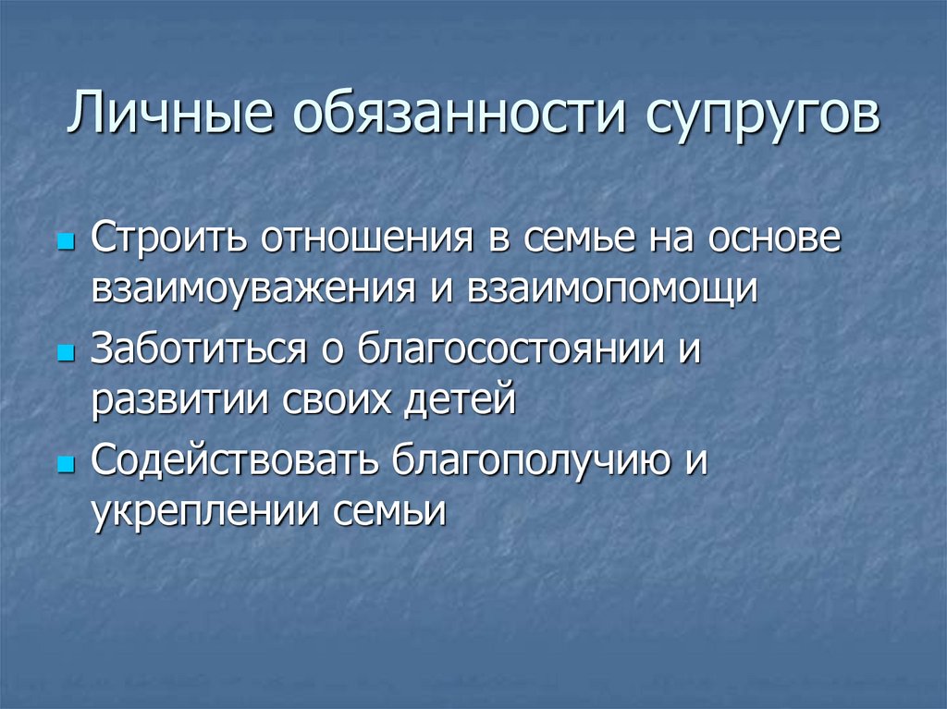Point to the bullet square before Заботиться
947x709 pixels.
[65, 354]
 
